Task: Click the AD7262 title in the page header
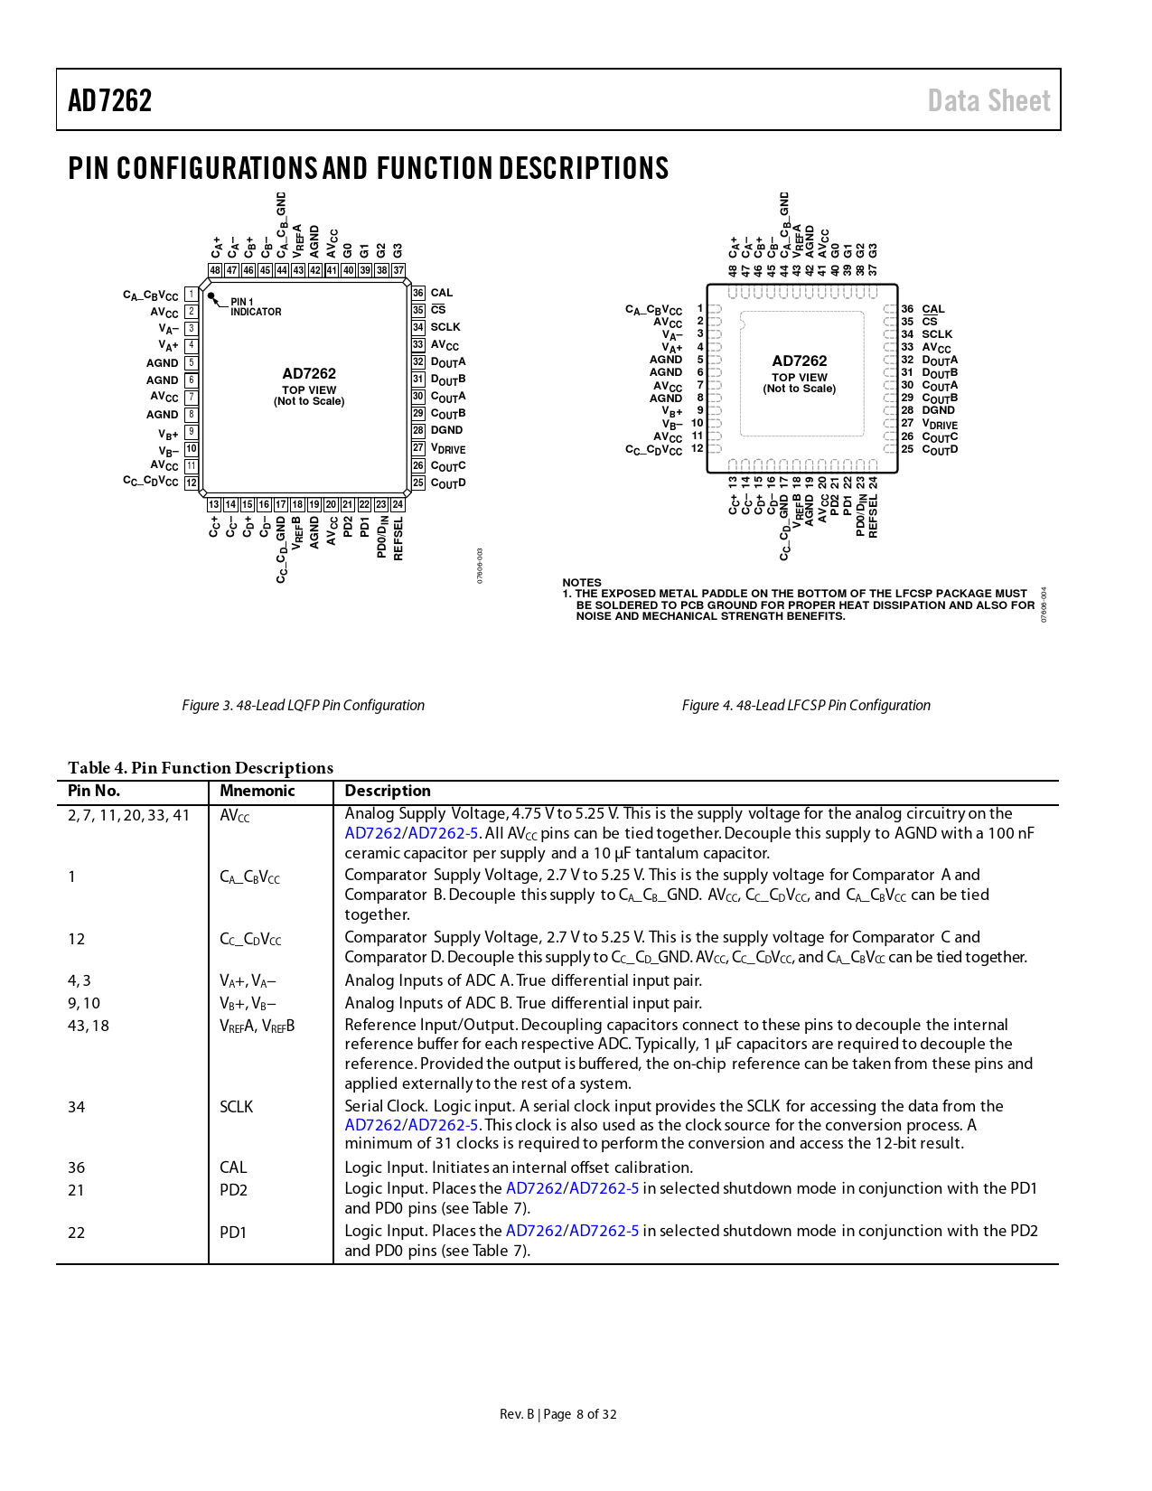coord(110,100)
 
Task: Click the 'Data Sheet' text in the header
coord(988,100)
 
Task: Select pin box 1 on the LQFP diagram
coord(192,295)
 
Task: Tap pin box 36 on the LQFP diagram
coord(418,293)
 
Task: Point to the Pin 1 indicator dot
coord(211,295)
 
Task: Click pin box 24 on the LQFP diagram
coord(398,504)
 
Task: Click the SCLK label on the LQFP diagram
coord(445,327)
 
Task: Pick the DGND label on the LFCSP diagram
coord(938,410)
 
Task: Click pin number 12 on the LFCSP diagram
coord(698,448)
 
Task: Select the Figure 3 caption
coord(303,706)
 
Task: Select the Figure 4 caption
coord(806,706)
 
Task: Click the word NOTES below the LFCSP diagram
coord(582,583)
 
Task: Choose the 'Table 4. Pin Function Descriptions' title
coord(201,768)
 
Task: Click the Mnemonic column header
coord(258,791)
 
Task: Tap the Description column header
coord(388,791)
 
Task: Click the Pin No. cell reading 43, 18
coord(89,1026)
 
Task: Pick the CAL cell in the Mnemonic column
coord(233,1167)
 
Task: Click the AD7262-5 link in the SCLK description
coord(443,1125)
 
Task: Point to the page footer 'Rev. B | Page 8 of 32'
coord(558,1414)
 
